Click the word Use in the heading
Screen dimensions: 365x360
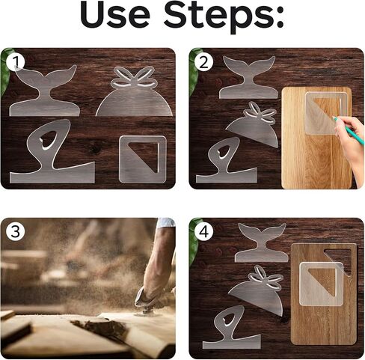[115, 16]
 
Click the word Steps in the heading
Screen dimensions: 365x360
[224, 18]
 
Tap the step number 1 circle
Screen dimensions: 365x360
[15, 63]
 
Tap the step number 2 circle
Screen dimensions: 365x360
[203, 62]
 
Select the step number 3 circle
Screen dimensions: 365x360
[15, 232]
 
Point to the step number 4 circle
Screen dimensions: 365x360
[204, 232]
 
